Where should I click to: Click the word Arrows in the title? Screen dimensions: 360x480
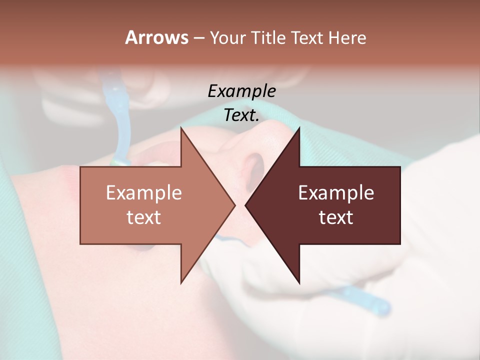click(156, 37)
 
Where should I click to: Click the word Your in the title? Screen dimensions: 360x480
click(227, 37)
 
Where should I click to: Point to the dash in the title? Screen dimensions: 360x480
click(198, 38)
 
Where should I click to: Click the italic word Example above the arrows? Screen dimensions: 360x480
click(241, 91)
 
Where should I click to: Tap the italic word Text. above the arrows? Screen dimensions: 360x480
click(241, 115)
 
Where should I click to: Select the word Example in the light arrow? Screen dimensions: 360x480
click(144, 193)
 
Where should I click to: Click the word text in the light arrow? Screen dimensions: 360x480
click(144, 217)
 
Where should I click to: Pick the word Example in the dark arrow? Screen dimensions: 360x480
click(336, 193)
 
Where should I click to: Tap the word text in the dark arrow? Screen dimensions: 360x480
click(336, 217)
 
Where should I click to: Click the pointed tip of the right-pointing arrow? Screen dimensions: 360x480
click(234, 205)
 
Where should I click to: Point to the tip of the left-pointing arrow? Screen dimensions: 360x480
click(246, 205)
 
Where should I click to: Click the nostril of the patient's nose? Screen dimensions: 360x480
click(253, 165)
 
